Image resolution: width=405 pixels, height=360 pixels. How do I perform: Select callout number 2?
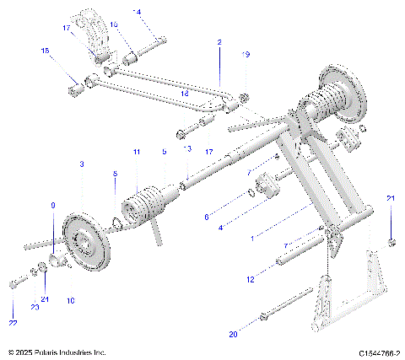point(219,41)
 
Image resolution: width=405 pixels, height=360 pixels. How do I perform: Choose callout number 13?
point(187,148)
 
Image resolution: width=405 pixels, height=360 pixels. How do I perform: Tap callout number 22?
point(12,323)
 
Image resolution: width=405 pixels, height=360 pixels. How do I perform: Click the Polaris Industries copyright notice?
point(57,352)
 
